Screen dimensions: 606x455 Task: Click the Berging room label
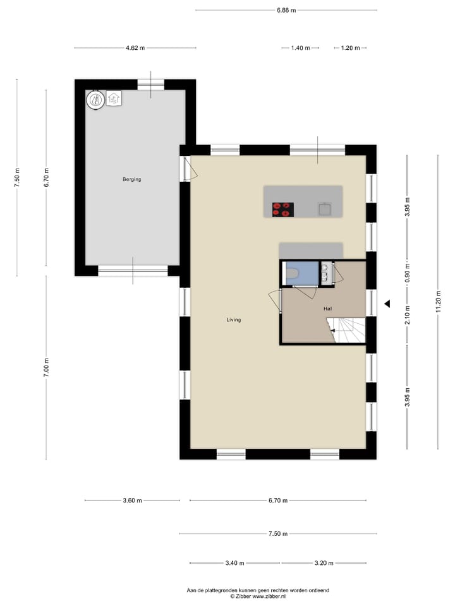point(131,179)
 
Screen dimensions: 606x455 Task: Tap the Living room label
point(234,320)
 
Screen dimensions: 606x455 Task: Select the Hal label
point(327,309)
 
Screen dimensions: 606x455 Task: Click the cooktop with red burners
point(282,210)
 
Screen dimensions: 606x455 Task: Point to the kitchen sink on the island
point(325,209)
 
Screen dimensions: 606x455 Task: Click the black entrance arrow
point(387,304)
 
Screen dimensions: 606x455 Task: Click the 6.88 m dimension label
point(286,10)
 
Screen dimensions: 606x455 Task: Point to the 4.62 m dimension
point(135,48)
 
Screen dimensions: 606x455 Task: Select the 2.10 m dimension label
point(408,314)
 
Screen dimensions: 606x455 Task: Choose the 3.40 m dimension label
point(234,563)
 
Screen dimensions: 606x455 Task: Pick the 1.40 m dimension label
point(300,48)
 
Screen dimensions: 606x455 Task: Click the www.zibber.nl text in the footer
point(270,596)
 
